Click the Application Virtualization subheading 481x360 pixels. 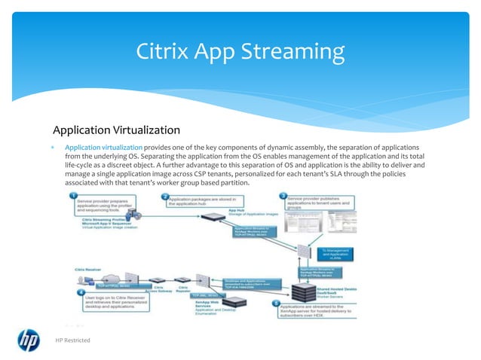click(115, 129)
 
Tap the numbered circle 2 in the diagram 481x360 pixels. click(164, 197)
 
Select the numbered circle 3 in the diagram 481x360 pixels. click(284, 197)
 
